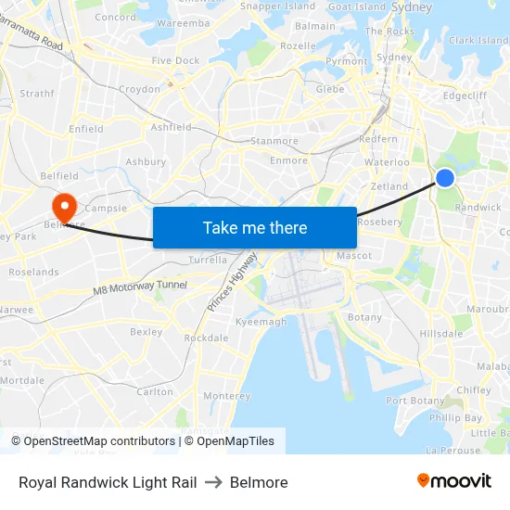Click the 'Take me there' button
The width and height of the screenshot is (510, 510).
coord(255,228)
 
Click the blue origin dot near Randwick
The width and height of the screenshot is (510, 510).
coord(445,177)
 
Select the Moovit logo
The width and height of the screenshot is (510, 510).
coord(454,481)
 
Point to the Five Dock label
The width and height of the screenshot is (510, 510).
coord(175,61)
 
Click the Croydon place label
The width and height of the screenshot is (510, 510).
coord(139,90)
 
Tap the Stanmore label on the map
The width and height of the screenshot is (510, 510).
coord(274,142)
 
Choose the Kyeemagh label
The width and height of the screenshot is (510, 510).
coord(261,322)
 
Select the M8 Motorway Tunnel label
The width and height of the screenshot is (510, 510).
coord(140,289)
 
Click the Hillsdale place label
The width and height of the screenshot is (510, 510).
coord(440,333)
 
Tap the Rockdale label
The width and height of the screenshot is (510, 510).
coord(206,338)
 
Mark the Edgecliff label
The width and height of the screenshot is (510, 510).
coord(465,95)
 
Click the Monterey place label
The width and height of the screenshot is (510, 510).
coord(226,396)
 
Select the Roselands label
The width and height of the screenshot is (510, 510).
coord(33,273)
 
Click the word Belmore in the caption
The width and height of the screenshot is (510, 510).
coord(259,482)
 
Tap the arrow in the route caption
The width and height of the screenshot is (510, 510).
coord(213,482)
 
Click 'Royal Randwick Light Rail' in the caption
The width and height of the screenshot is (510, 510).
coord(108,482)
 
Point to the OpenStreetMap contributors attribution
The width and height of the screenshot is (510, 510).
coord(93,441)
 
